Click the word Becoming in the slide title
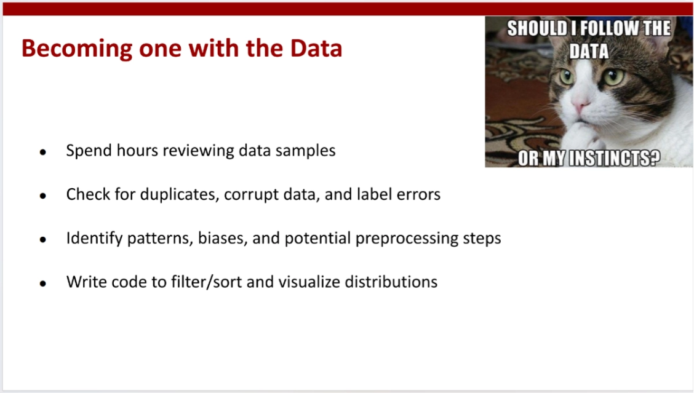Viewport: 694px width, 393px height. point(76,49)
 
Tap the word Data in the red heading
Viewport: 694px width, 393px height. point(316,48)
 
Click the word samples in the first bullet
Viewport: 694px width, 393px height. point(305,151)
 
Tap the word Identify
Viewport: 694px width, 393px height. point(94,239)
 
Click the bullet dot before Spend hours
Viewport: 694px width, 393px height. point(43,153)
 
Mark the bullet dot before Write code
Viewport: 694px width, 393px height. point(43,284)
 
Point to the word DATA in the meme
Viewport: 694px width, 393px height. point(589,51)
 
